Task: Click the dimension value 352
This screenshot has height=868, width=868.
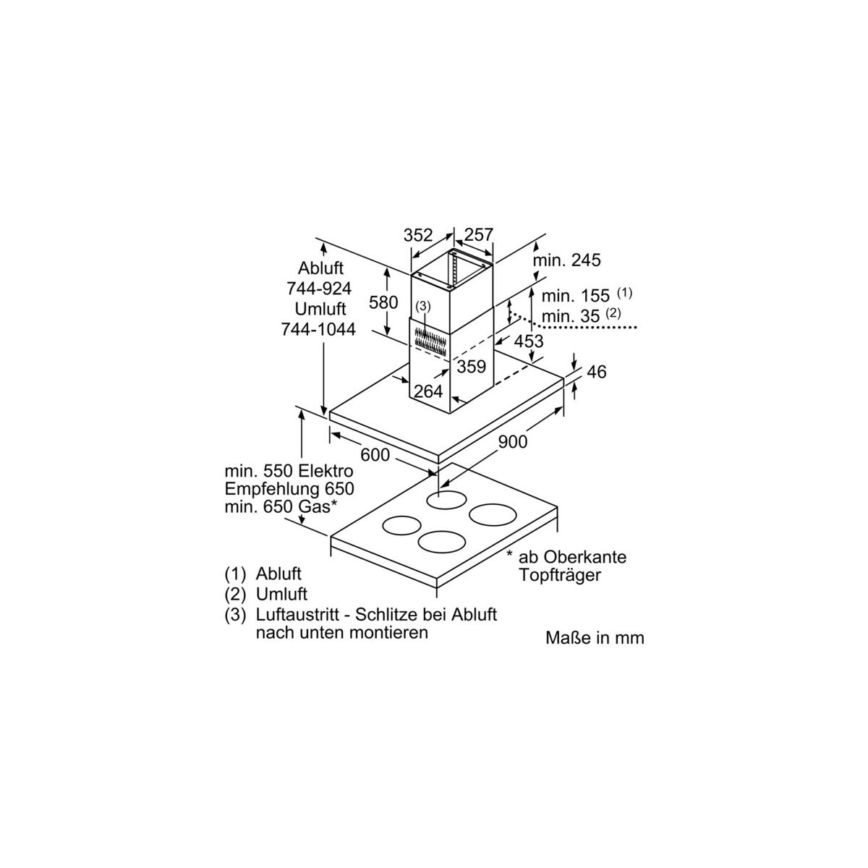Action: click(417, 235)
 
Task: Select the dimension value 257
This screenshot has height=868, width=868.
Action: click(479, 234)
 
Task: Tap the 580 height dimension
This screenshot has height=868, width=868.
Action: click(383, 302)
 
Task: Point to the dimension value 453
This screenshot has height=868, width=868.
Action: click(529, 341)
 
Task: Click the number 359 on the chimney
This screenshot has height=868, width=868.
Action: click(472, 367)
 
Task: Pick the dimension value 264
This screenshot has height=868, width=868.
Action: click(428, 391)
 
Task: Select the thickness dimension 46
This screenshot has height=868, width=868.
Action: click(597, 372)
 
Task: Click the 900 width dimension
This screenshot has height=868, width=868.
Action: click(513, 442)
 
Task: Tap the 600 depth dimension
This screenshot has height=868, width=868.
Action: click(375, 455)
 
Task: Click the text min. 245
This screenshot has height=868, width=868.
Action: click(566, 260)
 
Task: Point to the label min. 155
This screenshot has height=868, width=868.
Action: click(575, 296)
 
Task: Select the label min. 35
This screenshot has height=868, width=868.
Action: click(571, 316)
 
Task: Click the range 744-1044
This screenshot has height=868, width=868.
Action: click(318, 330)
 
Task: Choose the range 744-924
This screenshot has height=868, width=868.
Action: click(320, 289)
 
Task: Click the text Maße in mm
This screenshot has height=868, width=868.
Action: click(595, 638)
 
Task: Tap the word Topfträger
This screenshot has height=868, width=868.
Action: click(559, 575)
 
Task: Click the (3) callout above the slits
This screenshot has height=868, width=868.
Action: click(423, 307)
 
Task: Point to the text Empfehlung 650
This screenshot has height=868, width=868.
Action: click(289, 489)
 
